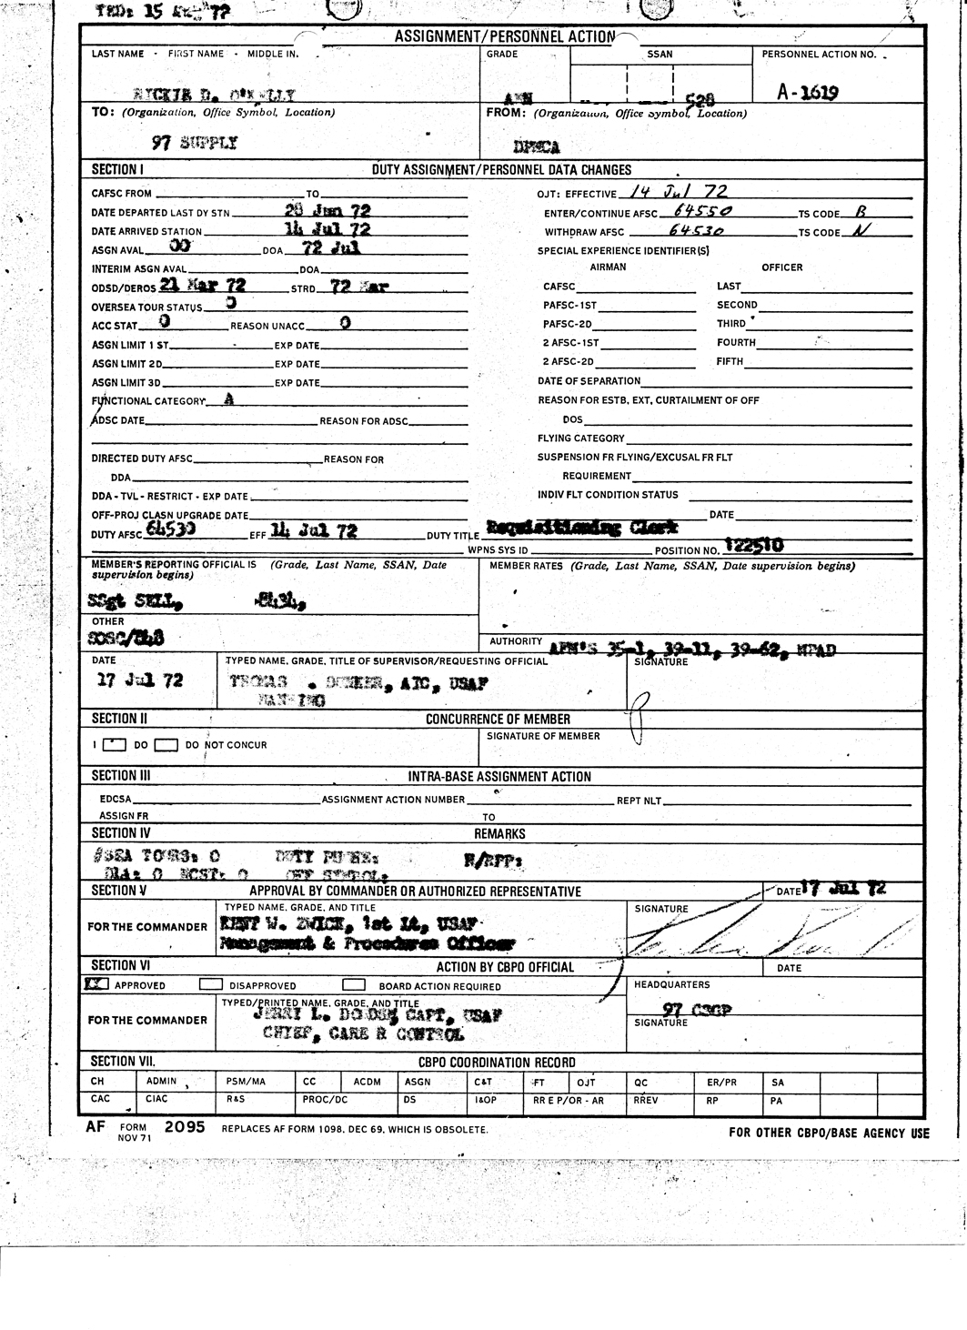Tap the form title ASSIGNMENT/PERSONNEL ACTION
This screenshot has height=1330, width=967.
pyautogui.click(x=504, y=36)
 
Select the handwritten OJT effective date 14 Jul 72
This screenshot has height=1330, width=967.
pyautogui.click(x=677, y=193)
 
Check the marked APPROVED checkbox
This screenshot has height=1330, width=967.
pyautogui.click(x=96, y=984)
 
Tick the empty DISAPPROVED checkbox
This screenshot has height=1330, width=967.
pyautogui.click(x=210, y=984)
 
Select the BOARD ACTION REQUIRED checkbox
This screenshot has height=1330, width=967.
pyautogui.click(x=354, y=984)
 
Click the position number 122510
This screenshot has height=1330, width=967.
pyautogui.click(x=753, y=546)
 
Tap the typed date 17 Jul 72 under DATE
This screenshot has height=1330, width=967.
pyautogui.click(x=140, y=680)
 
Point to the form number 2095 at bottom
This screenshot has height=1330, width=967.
pyautogui.click(x=185, y=1126)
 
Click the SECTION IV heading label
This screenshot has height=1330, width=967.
pyautogui.click(x=121, y=832)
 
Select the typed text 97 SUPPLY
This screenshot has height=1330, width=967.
pyautogui.click(x=194, y=143)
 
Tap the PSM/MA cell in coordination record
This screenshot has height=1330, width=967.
pyautogui.click(x=246, y=1082)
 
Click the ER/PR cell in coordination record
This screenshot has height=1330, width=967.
pyautogui.click(x=721, y=1082)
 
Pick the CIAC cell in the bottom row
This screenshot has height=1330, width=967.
pyautogui.click(x=156, y=1099)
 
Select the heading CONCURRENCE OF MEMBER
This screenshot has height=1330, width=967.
pyautogui.click(x=498, y=719)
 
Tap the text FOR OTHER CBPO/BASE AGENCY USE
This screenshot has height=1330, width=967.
pyautogui.click(x=829, y=1133)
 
